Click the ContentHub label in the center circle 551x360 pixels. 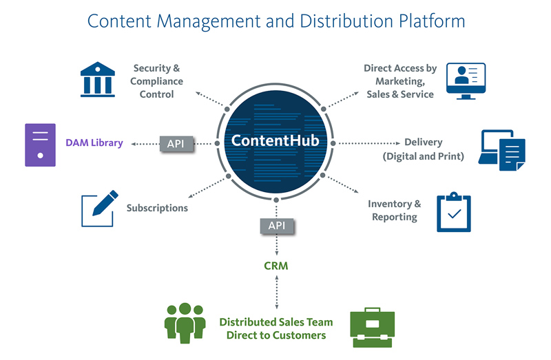[x=275, y=141]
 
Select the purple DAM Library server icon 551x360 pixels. [x=40, y=145]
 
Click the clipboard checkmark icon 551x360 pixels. [x=454, y=213]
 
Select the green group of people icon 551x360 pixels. [x=185, y=321]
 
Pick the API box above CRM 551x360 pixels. [x=277, y=225]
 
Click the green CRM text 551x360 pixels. [x=275, y=265]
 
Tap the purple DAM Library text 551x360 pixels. [x=94, y=143]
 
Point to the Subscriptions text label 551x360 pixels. [x=157, y=208]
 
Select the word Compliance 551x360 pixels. [x=157, y=81]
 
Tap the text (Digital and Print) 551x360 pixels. [x=423, y=156]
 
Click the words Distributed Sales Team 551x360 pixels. [x=275, y=321]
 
